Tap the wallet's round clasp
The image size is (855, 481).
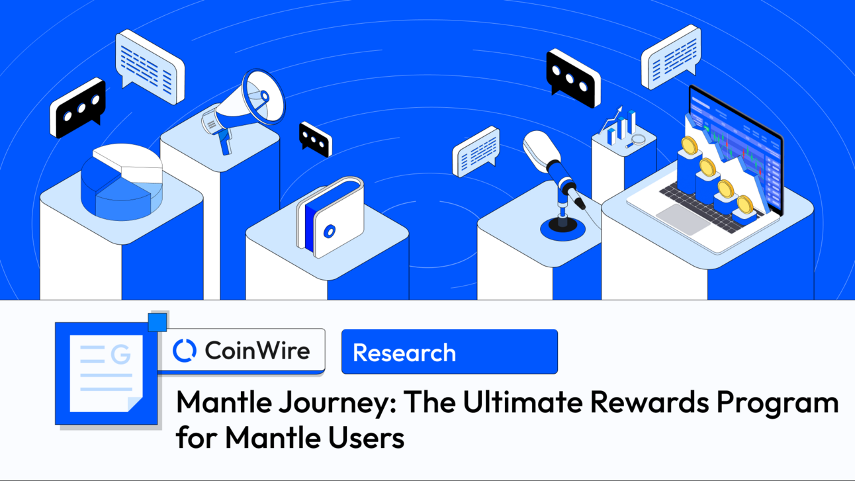pyautogui.click(x=329, y=232)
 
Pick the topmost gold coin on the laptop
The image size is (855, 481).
pyautogui.click(x=690, y=145)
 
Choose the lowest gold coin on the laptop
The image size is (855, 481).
pyautogui.click(x=745, y=204)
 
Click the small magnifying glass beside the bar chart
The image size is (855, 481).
pyautogui.click(x=638, y=139)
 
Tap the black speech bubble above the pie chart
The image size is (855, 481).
pyautogui.click(x=78, y=107)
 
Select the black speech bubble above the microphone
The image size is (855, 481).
pyautogui.click(x=573, y=78)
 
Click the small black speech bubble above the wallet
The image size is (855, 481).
pyautogui.click(x=315, y=138)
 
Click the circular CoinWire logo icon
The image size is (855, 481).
pyautogui.click(x=185, y=350)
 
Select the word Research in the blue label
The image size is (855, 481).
pyautogui.click(x=404, y=353)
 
